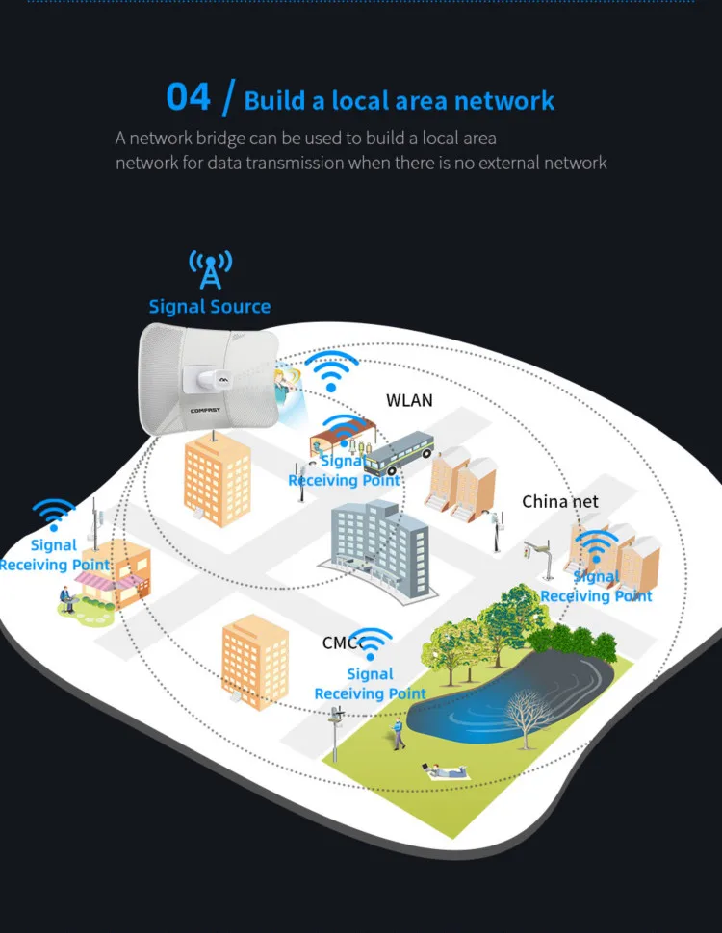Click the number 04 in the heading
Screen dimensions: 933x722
(x=188, y=97)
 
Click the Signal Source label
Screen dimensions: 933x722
(x=210, y=307)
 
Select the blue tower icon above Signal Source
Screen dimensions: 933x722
(x=210, y=269)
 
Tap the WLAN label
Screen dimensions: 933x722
(x=410, y=400)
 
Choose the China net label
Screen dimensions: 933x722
(x=560, y=501)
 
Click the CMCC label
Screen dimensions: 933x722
(x=341, y=643)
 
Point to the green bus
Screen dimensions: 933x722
(x=400, y=454)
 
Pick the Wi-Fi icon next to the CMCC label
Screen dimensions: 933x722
(x=374, y=643)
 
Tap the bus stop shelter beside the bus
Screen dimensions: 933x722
(x=332, y=441)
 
